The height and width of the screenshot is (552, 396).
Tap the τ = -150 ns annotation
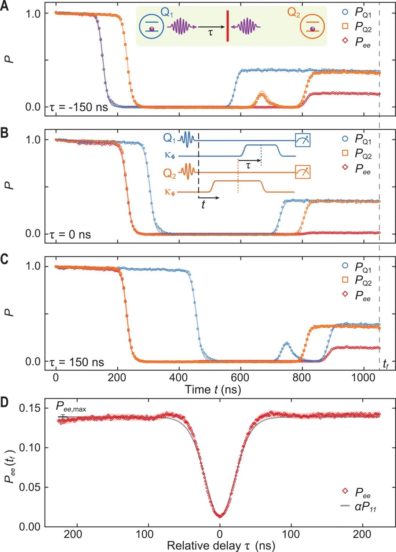pos(78,107)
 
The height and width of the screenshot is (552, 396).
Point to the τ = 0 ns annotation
pos(70,234)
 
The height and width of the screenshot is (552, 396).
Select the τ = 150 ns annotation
pos(77,362)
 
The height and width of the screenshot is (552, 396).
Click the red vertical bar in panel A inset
pos(227,26)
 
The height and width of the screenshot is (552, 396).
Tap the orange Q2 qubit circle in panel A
pos(312,26)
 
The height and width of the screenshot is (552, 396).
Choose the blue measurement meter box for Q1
pos(303,140)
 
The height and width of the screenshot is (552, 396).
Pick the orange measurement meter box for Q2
pos(303,172)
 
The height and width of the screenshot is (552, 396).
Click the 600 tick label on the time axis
pos(240,378)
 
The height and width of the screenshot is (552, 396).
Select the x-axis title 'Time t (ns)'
pos(213,389)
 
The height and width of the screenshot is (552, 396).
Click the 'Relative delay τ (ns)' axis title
pos(221,545)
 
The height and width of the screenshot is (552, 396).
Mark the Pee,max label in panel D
pos(71,406)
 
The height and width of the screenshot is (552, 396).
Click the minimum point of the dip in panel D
pos(220,516)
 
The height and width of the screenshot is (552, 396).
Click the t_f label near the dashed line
pos(385,364)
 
